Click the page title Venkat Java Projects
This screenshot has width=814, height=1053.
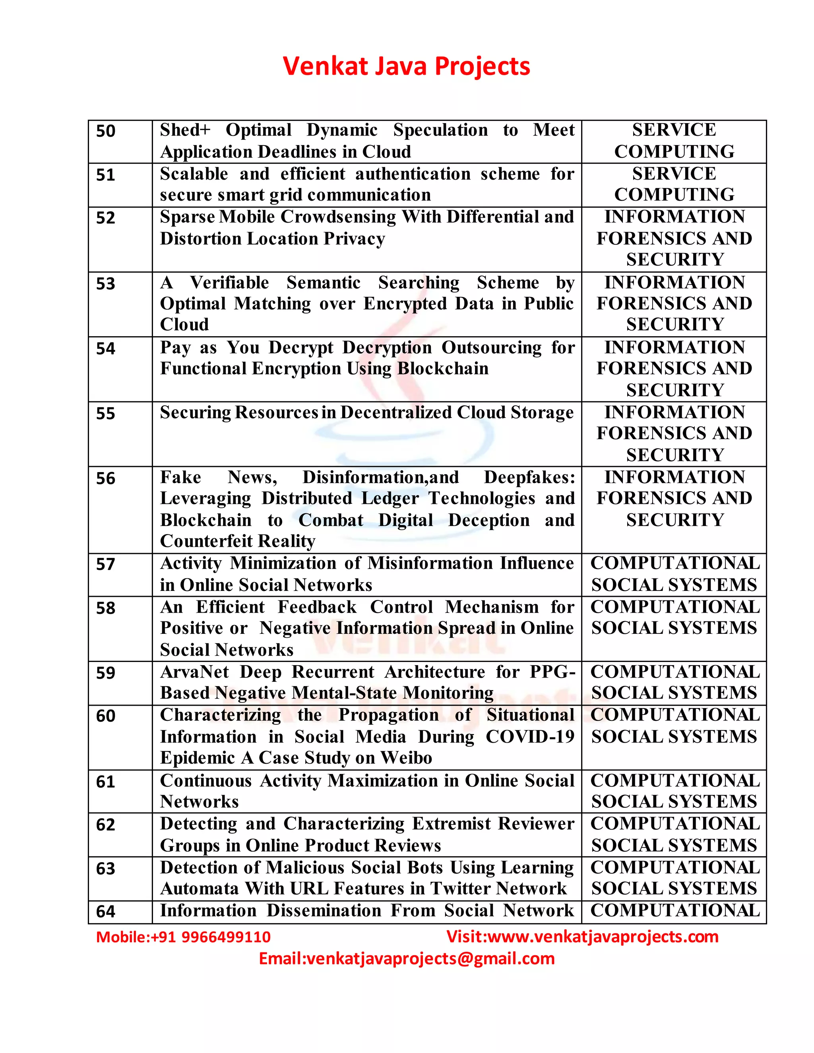click(x=407, y=66)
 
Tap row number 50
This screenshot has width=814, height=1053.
click(x=106, y=131)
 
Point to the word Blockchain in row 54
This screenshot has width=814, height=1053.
click(x=443, y=369)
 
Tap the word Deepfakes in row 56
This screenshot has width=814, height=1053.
click(x=529, y=477)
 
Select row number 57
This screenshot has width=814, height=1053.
click(x=106, y=564)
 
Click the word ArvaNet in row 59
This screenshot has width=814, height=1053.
click(x=194, y=672)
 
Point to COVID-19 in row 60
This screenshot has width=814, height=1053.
click(x=529, y=737)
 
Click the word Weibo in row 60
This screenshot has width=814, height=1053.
click(x=406, y=758)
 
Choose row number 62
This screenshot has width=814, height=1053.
click(x=106, y=825)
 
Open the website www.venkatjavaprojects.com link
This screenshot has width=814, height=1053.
click(x=603, y=936)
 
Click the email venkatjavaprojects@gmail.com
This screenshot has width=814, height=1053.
click(x=430, y=958)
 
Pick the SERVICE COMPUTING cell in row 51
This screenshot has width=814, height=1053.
click(x=674, y=185)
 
